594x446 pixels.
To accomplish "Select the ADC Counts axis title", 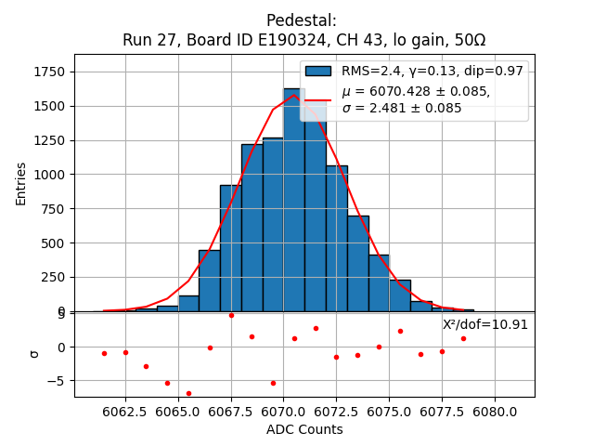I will [304, 429].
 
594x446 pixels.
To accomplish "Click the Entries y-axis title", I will [21, 183].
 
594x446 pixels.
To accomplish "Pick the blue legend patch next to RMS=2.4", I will [318, 72].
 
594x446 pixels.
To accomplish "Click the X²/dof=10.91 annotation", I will [484, 325].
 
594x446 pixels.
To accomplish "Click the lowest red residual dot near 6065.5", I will [188, 393].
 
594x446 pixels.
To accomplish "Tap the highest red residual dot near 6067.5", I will [231, 315].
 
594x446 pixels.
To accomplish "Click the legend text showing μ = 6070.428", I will [416, 92].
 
